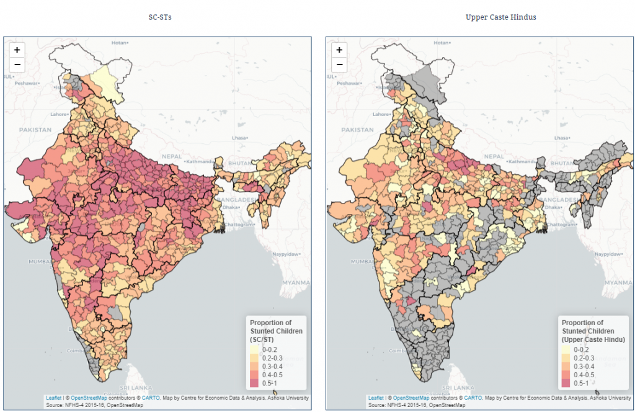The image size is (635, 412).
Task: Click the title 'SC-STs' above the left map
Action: [x=160, y=17]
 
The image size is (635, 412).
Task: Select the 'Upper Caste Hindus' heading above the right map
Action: [x=500, y=17]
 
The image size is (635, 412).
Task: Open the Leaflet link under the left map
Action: [x=53, y=398]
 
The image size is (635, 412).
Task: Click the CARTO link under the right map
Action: [x=473, y=398]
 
